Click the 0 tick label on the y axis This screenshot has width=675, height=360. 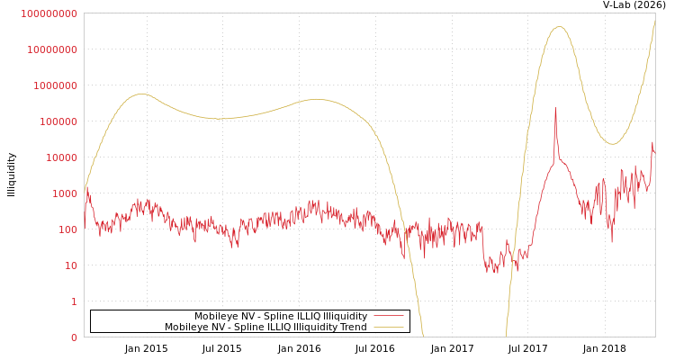click(74, 337)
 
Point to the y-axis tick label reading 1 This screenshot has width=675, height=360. click(74, 301)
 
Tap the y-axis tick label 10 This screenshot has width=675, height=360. click(71, 265)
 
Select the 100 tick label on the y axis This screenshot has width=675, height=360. click(68, 229)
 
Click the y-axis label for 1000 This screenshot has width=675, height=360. click(65, 193)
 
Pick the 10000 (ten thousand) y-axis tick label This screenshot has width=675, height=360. click(62, 157)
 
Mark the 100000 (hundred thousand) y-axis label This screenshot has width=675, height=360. click(59, 121)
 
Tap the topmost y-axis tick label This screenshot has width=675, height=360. click(49, 13)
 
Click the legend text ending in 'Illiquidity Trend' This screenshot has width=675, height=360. click(265, 328)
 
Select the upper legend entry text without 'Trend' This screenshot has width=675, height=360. click(281, 317)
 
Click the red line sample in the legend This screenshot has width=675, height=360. click(388, 317)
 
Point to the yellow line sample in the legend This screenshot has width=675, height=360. click(388, 328)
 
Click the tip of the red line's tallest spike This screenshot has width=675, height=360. click(555, 108)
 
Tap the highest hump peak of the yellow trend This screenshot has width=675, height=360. click(559, 26)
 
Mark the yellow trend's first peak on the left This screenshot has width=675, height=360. click(141, 94)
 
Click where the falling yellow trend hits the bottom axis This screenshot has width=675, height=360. click(423, 337)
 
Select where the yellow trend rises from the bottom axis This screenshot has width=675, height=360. click(506, 337)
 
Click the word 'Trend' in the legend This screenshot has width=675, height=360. click(352, 328)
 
